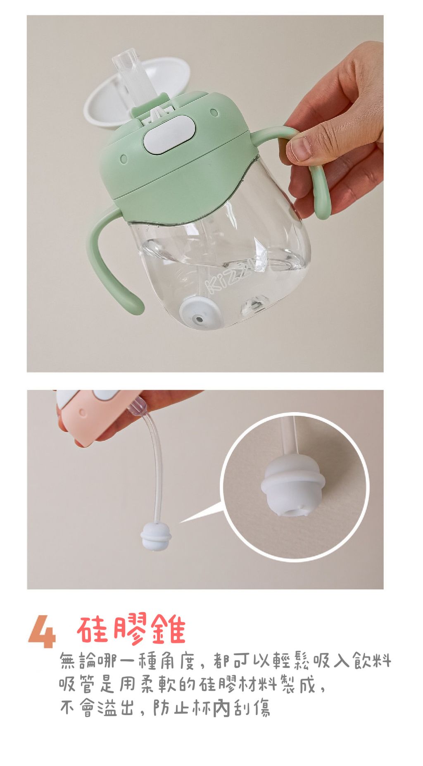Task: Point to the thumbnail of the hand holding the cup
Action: pyautogui.click(x=301, y=149)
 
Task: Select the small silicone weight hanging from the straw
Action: pyautogui.click(x=156, y=536)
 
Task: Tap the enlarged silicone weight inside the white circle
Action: pyautogui.click(x=292, y=488)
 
